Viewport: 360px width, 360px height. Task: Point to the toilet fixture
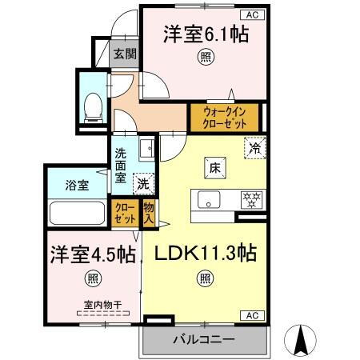[92, 104]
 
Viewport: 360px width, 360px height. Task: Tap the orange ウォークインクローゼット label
[224, 118]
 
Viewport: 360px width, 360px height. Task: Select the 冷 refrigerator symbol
[255, 148]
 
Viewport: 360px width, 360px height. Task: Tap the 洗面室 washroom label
[120, 166]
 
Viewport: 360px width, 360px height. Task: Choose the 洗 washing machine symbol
[142, 182]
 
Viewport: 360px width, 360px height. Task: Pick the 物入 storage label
[149, 212]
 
